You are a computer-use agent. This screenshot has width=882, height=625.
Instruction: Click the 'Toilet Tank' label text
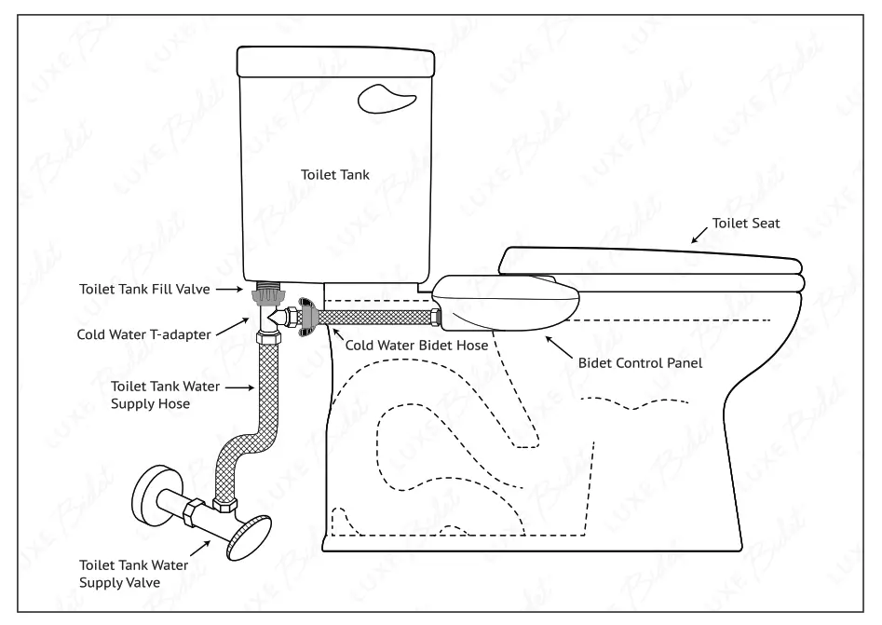click(336, 173)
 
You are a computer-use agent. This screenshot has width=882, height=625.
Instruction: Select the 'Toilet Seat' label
click(747, 224)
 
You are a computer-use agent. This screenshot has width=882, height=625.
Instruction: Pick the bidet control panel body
click(509, 303)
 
